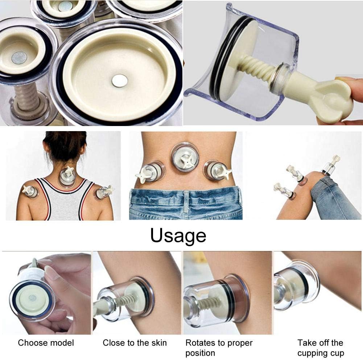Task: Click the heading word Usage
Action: [178, 235]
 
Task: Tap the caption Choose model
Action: [46, 343]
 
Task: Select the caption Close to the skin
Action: [135, 343]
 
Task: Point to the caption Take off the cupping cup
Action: [320, 348]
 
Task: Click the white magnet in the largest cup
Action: [119, 80]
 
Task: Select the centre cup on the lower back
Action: [185, 158]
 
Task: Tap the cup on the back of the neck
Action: [67, 177]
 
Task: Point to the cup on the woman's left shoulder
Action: [31, 191]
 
